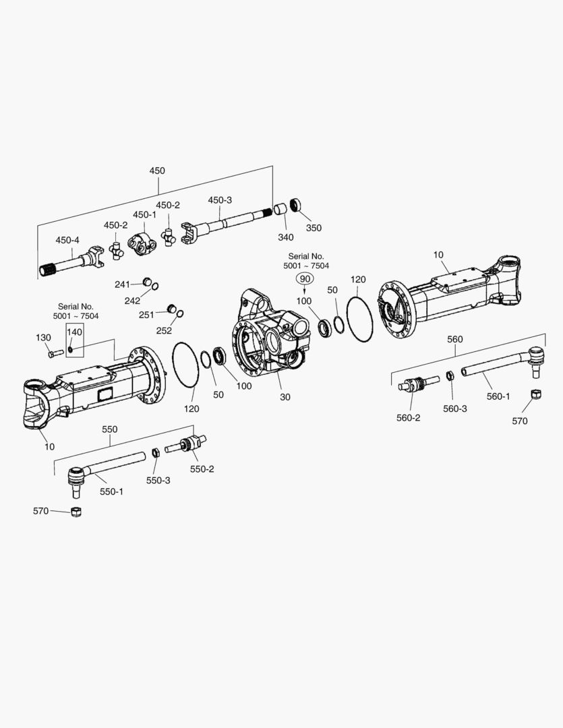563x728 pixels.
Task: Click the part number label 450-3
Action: click(220, 200)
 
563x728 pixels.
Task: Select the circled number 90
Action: click(305, 278)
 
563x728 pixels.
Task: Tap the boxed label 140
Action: click(74, 332)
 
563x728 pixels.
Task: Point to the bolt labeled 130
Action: click(53, 352)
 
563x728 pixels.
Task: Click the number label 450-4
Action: click(67, 240)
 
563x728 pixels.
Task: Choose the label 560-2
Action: click(408, 417)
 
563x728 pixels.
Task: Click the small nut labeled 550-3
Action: click(154, 452)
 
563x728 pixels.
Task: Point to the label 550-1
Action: click(111, 491)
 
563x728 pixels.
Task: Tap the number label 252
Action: click(163, 330)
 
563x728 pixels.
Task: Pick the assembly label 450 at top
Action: click(156, 171)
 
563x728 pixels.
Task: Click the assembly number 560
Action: click(455, 339)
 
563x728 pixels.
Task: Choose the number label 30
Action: click(285, 397)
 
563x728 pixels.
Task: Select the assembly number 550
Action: click(109, 429)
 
